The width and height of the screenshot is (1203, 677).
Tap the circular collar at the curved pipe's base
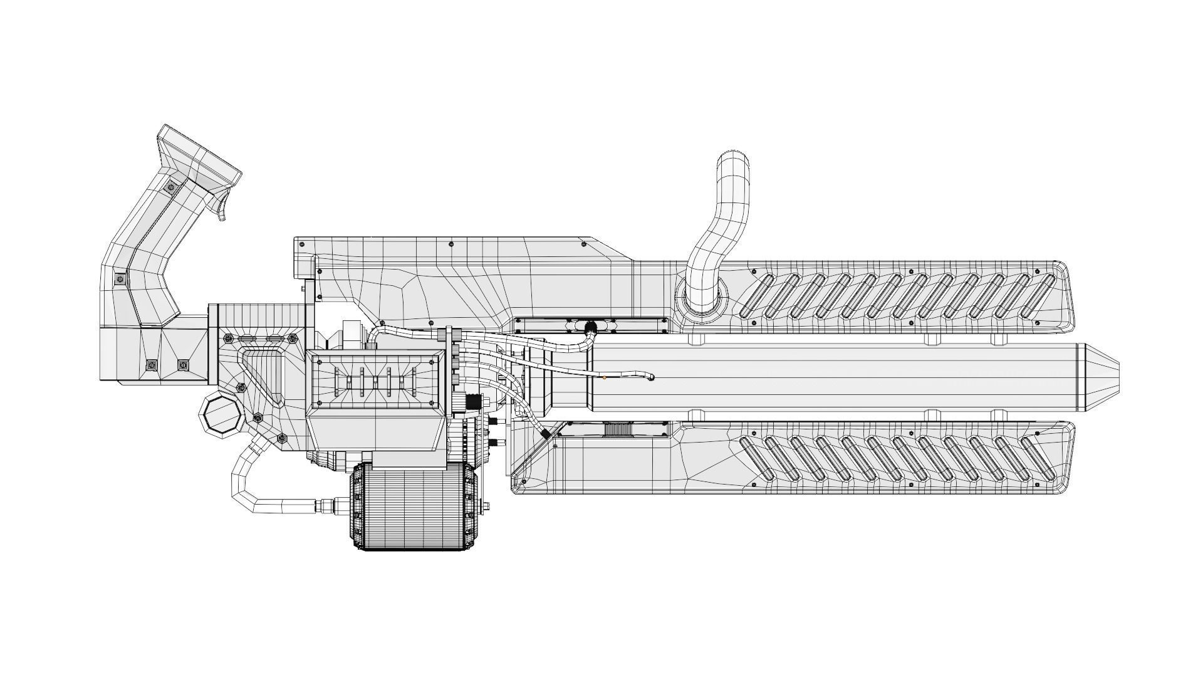[x=702, y=299]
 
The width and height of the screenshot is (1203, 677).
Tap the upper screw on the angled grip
[x=170, y=186]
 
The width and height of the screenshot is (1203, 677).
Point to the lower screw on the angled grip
[x=120, y=278]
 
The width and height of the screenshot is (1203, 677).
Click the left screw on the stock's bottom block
[x=151, y=365]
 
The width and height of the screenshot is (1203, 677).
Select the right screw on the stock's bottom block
[x=183, y=365]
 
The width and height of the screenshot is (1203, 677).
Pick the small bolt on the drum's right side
[x=486, y=505]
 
